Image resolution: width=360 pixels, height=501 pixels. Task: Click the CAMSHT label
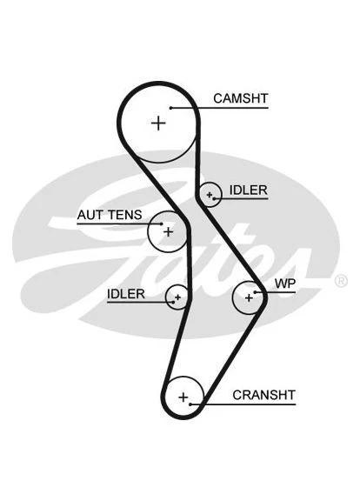coord(241,98)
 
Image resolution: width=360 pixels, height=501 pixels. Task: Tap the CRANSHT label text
coord(263,395)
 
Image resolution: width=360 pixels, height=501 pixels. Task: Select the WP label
coord(285,284)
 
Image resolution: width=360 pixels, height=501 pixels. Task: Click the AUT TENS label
coord(110,215)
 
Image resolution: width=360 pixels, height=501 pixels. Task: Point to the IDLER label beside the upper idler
coord(248,190)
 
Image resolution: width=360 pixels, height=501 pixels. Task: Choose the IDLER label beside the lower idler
coord(126,294)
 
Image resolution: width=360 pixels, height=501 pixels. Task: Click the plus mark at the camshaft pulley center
coord(158,123)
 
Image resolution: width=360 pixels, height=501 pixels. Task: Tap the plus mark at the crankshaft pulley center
coord(183,397)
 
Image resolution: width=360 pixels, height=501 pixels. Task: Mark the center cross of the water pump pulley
coord(249,297)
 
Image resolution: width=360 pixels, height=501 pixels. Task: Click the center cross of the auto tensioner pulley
coord(168,231)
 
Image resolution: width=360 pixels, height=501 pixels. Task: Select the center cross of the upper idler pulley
coord(210,194)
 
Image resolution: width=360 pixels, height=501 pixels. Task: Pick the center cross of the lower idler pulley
coord(177,297)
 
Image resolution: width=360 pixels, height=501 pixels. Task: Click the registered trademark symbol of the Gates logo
coord(341,281)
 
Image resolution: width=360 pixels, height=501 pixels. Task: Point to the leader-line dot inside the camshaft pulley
coord(171,108)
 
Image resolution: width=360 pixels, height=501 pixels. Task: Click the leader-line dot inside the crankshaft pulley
coord(190,404)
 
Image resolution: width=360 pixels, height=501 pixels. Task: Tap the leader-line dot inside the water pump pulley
coord(255,292)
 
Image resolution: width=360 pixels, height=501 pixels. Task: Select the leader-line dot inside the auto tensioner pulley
coord(162,224)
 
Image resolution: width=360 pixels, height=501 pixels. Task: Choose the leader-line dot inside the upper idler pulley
coord(213,198)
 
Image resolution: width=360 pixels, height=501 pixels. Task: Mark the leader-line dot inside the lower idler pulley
coord(173,302)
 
